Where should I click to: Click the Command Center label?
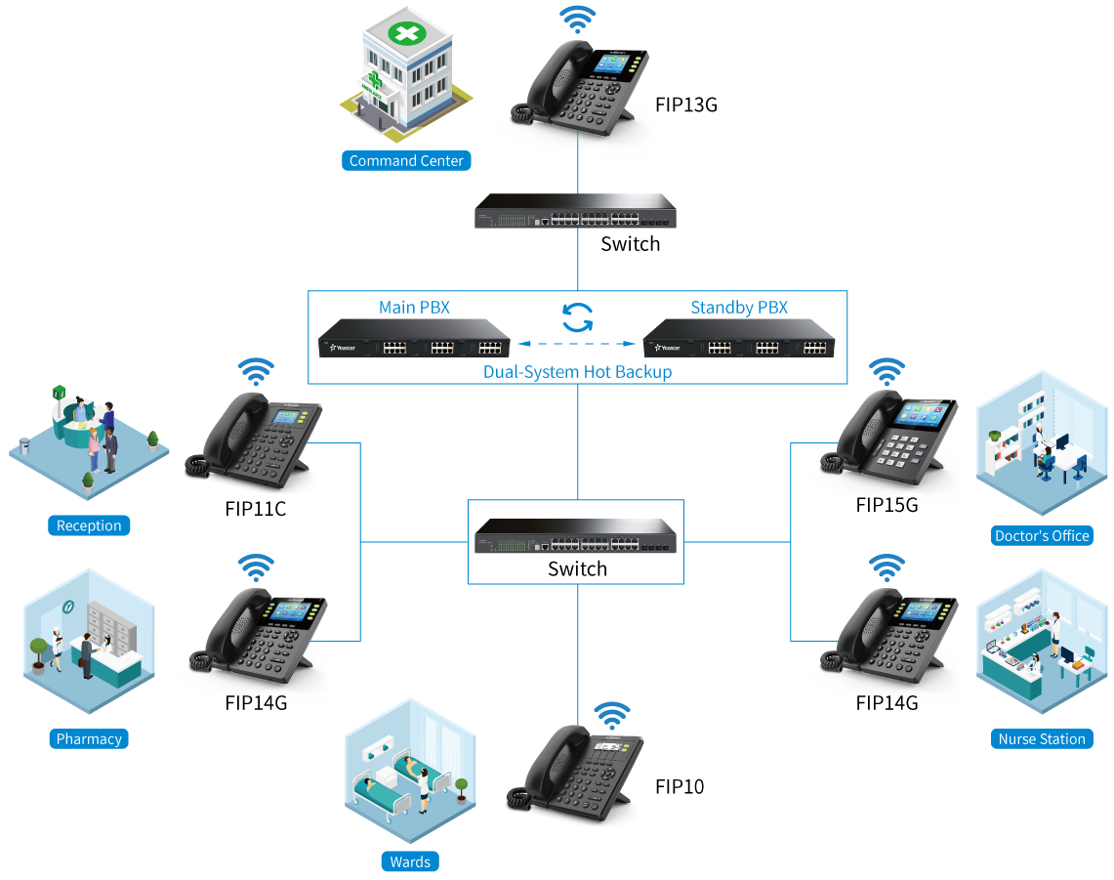click(x=406, y=161)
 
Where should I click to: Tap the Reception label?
click(x=89, y=525)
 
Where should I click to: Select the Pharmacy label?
click(x=89, y=739)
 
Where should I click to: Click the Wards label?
click(x=410, y=861)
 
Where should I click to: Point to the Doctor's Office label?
click(x=1042, y=535)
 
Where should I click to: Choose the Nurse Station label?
click(x=1042, y=739)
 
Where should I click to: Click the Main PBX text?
click(x=415, y=308)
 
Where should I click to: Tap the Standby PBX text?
click(x=739, y=308)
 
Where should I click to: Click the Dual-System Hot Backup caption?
click(x=577, y=372)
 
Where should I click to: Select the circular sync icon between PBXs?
click(x=578, y=316)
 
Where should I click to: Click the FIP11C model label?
click(x=255, y=509)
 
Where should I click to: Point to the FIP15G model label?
click(x=887, y=505)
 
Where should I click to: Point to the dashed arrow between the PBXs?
click(x=576, y=344)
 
